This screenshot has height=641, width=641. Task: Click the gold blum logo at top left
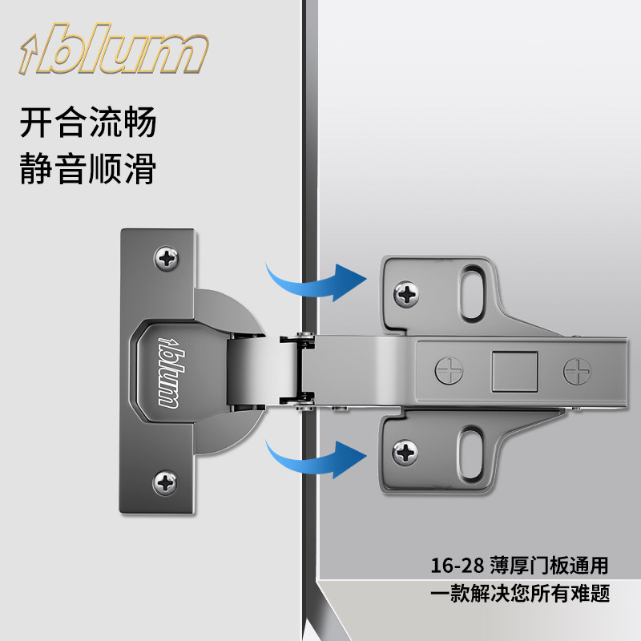click(114, 49)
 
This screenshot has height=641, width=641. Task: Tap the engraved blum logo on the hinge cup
click(169, 372)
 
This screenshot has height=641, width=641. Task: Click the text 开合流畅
click(88, 122)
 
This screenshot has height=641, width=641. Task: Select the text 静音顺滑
click(88, 168)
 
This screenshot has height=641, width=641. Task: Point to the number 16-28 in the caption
click(458, 566)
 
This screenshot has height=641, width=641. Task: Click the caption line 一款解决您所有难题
click(520, 593)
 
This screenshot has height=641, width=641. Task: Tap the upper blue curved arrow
click(316, 282)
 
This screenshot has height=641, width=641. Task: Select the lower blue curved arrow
click(316, 458)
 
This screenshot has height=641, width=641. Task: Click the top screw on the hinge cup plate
click(167, 258)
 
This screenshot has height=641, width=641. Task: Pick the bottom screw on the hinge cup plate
click(165, 482)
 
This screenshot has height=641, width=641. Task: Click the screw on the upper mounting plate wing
click(406, 294)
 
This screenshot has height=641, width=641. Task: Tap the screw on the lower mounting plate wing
click(405, 453)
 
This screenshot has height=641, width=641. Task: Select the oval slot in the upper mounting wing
click(473, 292)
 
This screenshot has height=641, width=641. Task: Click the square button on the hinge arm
click(514, 371)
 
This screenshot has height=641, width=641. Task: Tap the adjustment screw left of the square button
click(449, 371)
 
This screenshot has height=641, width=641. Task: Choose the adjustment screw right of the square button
click(577, 372)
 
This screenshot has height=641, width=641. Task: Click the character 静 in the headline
click(36, 168)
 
